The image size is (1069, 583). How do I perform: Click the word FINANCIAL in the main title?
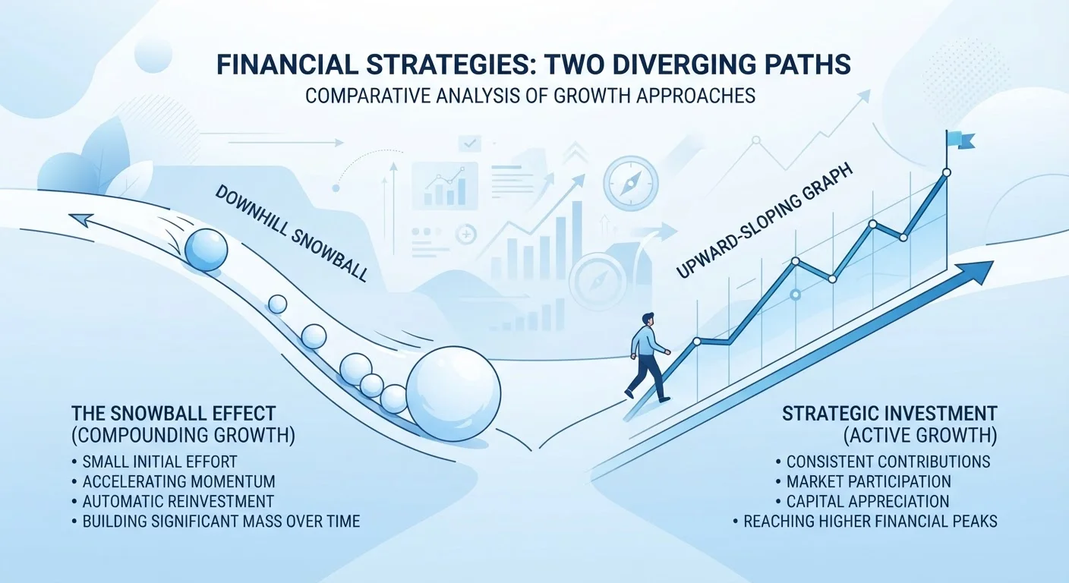[x=287, y=65]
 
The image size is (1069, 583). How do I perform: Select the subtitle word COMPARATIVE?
[x=367, y=96]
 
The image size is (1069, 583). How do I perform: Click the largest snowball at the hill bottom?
[x=453, y=393]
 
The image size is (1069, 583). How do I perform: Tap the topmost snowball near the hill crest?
[x=207, y=250]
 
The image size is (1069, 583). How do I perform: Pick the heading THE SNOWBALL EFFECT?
[x=174, y=413]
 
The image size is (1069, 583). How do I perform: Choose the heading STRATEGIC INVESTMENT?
[x=890, y=413]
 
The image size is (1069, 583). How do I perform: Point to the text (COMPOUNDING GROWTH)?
[x=183, y=436]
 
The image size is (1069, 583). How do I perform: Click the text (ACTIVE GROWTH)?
[x=920, y=436]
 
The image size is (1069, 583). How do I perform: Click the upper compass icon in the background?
[x=630, y=183]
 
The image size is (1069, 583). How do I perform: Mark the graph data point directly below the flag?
[x=947, y=173]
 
